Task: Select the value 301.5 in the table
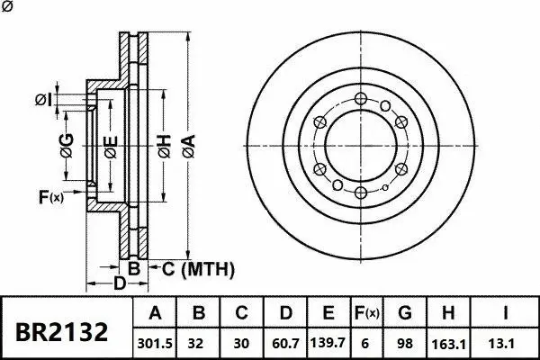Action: [x=155, y=343]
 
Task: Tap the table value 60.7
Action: [x=284, y=343]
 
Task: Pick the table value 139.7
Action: [x=328, y=343]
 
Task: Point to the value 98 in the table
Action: [x=405, y=343]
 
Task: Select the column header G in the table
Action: [x=405, y=314]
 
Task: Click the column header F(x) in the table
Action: [x=366, y=314]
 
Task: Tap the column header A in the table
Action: [x=155, y=314]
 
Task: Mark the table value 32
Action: [x=200, y=343]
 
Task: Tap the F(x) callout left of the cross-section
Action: [x=51, y=197]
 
